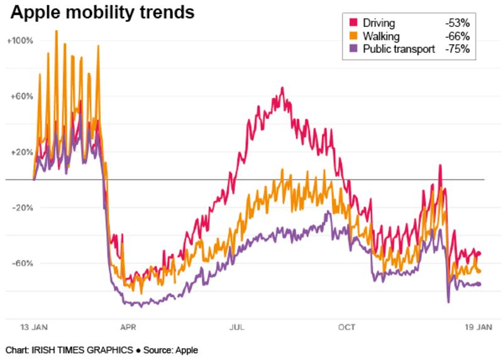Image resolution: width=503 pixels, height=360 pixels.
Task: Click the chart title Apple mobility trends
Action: click(101, 12)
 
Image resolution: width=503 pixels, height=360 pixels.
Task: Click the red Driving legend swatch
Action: click(353, 23)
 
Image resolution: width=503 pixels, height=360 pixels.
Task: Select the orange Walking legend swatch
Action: click(353, 36)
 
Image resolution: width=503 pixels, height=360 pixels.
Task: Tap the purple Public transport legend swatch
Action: click(353, 49)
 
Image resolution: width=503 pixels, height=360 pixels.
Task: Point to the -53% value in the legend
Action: click(457, 23)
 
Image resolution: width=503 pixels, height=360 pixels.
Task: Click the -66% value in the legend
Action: click(457, 36)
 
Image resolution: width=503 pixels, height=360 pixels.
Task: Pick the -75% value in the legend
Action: click(457, 49)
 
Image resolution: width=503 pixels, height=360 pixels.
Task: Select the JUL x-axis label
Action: click(237, 327)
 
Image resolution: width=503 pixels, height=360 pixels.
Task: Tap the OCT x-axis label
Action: click(346, 327)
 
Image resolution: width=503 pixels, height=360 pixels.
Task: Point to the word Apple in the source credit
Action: click(187, 349)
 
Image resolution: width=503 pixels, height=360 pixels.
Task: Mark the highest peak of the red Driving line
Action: click(282, 88)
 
